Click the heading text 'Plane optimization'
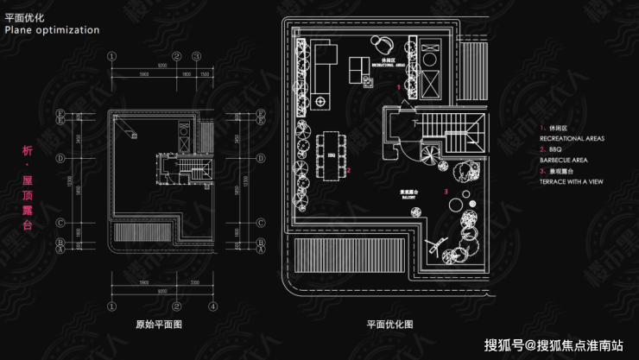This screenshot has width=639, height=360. [52, 29]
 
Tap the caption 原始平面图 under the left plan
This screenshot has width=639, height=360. [159, 325]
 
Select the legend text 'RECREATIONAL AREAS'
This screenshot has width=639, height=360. [572, 138]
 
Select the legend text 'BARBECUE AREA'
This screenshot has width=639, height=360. [565, 161]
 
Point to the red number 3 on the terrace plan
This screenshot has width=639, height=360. [446, 191]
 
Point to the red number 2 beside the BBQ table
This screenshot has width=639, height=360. [348, 170]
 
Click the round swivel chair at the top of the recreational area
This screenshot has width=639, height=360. [383, 43]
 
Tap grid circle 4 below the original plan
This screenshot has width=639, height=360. [209, 306]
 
